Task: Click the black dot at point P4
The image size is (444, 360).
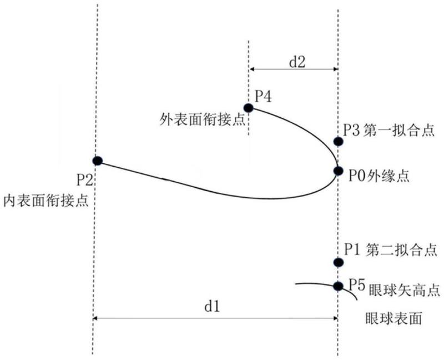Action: (248, 108)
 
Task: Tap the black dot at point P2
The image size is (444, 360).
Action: (97, 161)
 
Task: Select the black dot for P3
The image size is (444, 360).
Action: (338, 141)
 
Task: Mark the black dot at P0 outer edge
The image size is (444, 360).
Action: (338, 171)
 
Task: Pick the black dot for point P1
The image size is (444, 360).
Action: (338, 262)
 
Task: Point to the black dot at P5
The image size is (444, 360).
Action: (338, 286)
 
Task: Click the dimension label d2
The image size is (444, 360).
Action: (297, 62)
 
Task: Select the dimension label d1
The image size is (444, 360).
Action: (212, 306)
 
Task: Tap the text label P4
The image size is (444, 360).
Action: (263, 96)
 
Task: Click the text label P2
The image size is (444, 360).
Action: (85, 179)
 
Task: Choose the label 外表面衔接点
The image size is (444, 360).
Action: (202, 119)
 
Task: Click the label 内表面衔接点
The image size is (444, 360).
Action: (46, 201)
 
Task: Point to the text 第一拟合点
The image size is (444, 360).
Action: (399, 131)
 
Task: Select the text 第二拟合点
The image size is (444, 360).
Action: (401, 251)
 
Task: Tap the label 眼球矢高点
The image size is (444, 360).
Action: (404, 290)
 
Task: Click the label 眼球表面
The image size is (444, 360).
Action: (394, 318)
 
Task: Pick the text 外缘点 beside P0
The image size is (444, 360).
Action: (388, 177)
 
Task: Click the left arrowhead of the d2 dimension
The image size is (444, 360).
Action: (252, 69)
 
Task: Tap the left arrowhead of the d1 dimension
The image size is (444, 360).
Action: (95, 318)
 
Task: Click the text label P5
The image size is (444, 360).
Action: (356, 284)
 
